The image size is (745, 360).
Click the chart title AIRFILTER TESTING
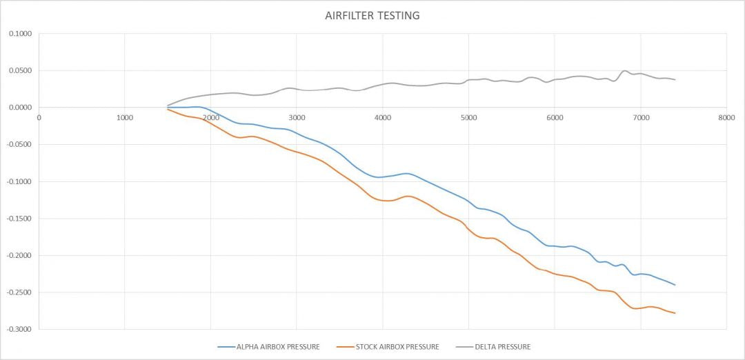(x=372, y=15)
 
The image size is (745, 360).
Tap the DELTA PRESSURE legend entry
(x=502, y=347)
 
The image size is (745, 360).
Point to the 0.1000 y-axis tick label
(x=20, y=33)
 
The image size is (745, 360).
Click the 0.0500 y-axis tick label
(x=20, y=70)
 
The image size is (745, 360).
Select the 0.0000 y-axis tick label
(x=20, y=108)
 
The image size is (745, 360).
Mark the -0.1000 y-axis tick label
(x=19, y=181)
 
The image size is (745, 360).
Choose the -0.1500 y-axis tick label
(x=19, y=219)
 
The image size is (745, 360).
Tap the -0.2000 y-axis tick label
(x=19, y=256)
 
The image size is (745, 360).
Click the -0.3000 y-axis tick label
(x=19, y=330)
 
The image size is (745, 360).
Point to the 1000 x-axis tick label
(x=125, y=118)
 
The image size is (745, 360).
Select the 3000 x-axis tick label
(x=297, y=118)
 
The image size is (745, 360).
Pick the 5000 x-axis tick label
(x=468, y=118)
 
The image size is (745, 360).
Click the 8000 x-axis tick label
(x=726, y=118)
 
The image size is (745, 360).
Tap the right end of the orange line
(x=675, y=313)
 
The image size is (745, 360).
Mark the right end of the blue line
(x=675, y=285)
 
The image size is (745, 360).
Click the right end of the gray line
(x=675, y=80)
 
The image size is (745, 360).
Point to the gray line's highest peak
(x=625, y=71)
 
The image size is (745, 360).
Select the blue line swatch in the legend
(x=226, y=347)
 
